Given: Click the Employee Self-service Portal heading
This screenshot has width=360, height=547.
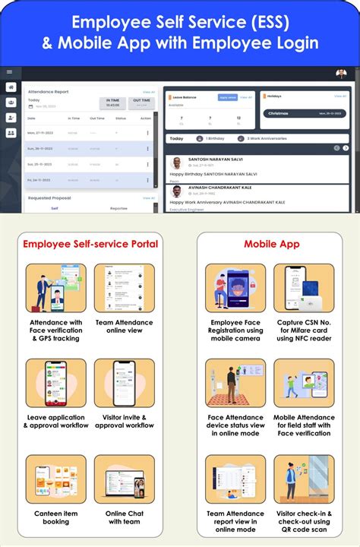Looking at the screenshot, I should coord(90,244).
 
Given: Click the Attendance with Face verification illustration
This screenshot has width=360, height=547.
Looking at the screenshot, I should coord(55,288).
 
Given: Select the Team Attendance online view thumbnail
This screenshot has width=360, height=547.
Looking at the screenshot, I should coord(124,288).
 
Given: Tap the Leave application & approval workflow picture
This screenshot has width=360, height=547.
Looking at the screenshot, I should coord(55,383).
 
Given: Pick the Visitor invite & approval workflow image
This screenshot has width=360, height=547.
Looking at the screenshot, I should coord(124,383).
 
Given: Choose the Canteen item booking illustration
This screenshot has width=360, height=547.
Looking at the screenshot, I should coord(55,479).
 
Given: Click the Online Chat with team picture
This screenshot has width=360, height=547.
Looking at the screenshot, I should coord(124,479).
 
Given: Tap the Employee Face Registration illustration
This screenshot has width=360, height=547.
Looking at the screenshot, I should coord(235,288).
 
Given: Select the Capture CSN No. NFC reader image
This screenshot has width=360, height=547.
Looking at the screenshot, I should coord(304,288).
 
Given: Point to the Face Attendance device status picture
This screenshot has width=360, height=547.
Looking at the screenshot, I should coord(235,383).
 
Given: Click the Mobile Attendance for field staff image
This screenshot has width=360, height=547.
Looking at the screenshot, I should coord(304,383).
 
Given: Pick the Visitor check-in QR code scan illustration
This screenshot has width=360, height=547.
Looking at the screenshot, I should coord(304,479).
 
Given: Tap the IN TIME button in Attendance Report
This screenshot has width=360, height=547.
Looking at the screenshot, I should coord(112,103).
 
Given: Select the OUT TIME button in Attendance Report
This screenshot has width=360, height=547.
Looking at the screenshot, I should coord(142,103).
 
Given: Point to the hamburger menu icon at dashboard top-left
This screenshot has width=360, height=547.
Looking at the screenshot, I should coord(9,72).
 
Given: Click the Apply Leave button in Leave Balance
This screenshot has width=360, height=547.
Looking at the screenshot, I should coord(227,97).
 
